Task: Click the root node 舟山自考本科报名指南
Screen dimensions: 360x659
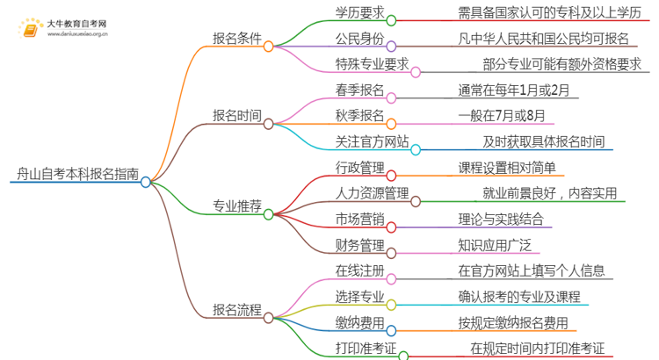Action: tap(77, 174)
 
